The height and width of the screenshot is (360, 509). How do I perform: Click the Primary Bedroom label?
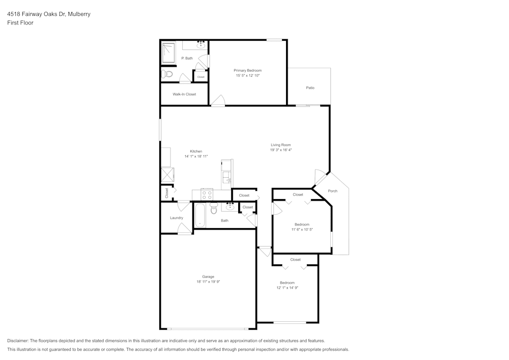(248, 70)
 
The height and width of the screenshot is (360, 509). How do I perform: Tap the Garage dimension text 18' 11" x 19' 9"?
(208, 282)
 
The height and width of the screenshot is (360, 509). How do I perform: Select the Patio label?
(310, 88)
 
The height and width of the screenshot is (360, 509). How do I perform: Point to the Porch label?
(332, 191)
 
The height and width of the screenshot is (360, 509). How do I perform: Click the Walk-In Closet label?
(184, 94)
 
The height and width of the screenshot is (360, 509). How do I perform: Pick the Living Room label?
(280, 145)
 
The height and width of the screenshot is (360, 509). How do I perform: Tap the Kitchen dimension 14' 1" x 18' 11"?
(196, 156)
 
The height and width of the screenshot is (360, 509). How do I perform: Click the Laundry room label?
(176, 218)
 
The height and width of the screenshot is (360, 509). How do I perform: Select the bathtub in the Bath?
(199, 215)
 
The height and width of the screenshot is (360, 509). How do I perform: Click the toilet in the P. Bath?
(166, 74)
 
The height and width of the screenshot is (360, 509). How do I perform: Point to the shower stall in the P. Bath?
(168, 52)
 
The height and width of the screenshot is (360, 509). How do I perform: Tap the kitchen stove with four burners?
(207, 194)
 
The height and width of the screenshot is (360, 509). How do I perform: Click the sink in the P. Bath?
(201, 45)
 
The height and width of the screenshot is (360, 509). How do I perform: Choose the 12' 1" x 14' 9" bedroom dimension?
(287, 288)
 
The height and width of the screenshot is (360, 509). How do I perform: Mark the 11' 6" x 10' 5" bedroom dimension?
(302, 230)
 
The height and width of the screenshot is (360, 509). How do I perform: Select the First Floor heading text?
(20, 23)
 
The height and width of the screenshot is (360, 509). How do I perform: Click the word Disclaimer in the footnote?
(18, 341)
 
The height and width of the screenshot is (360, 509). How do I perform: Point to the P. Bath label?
(187, 58)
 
